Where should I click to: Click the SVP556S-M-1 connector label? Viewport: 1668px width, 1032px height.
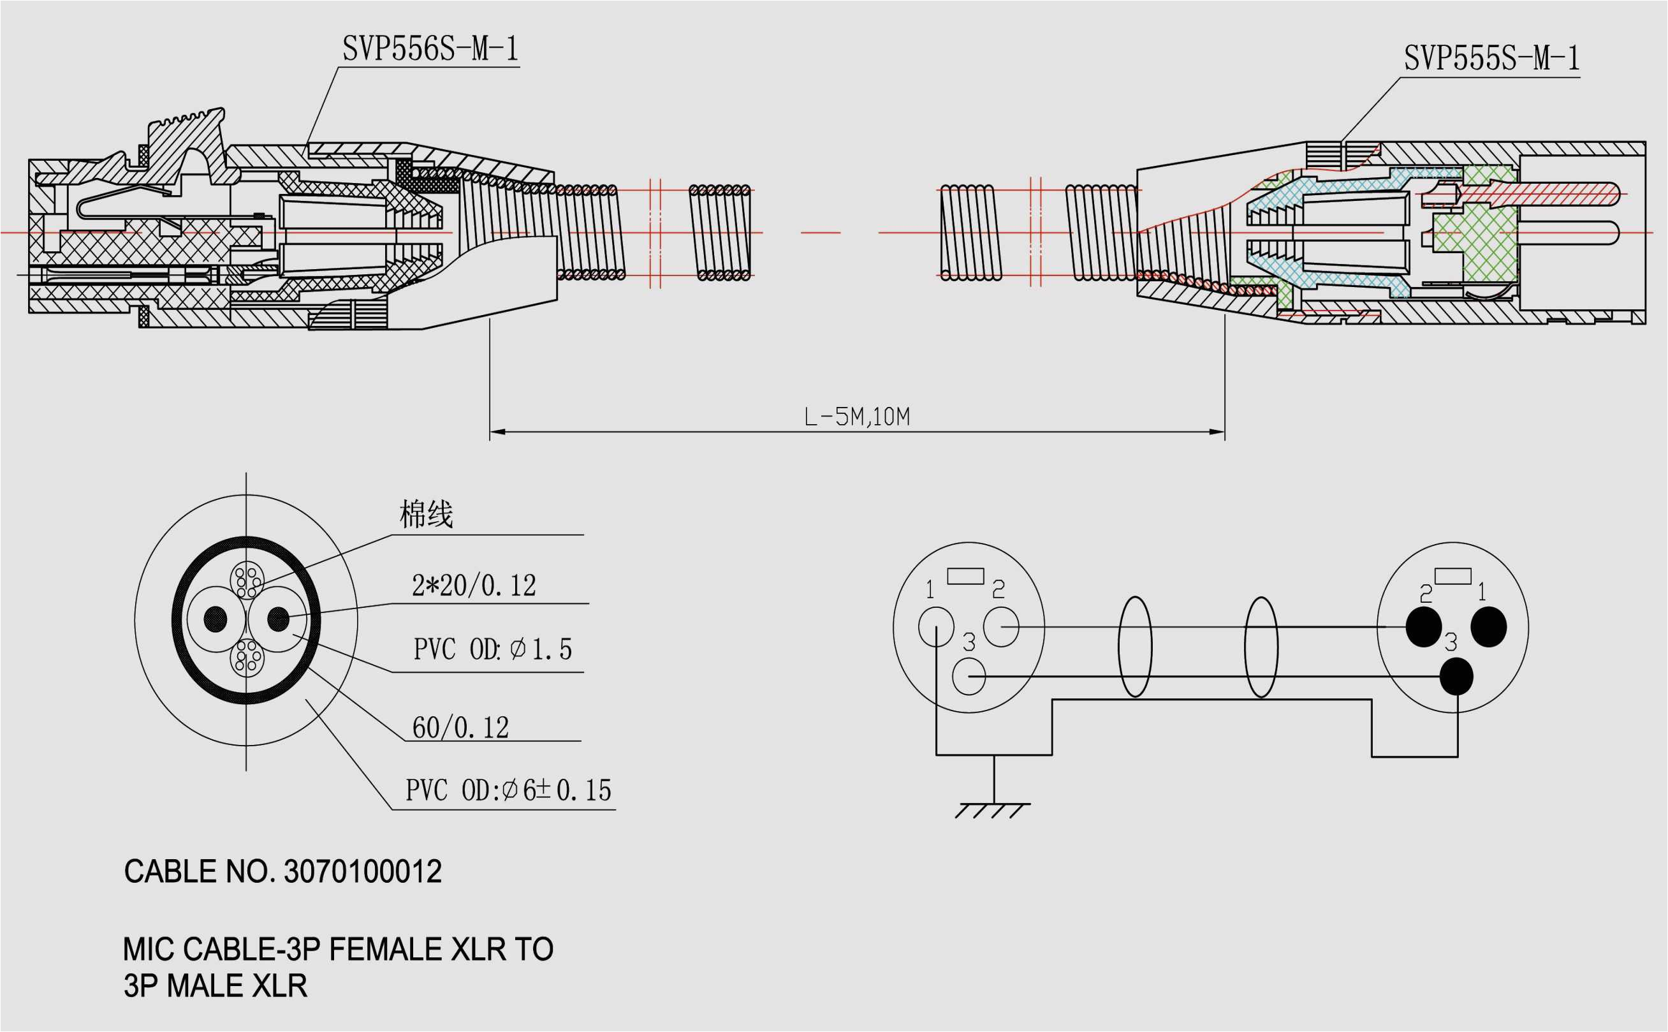[430, 49]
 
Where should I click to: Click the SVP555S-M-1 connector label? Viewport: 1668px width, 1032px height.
[1491, 59]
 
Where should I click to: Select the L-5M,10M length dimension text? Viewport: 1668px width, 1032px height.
[857, 416]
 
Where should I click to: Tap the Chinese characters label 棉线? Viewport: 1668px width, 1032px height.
[427, 514]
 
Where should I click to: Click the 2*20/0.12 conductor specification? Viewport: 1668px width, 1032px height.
[474, 586]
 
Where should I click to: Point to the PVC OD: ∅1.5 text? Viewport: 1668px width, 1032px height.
[492, 649]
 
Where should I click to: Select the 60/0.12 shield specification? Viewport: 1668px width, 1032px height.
[460, 728]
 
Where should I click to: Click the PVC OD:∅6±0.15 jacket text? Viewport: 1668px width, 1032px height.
[508, 790]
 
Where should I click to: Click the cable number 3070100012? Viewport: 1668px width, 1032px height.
[362, 872]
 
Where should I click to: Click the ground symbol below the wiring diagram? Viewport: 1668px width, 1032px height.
[993, 810]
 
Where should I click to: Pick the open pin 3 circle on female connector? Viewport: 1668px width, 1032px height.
[968, 676]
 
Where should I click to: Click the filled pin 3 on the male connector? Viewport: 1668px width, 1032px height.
[1456, 676]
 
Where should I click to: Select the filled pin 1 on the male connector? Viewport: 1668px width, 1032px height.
[1488, 626]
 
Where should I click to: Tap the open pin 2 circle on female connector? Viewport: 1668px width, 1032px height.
[1001, 626]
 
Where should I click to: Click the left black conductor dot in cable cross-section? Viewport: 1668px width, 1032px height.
[216, 619]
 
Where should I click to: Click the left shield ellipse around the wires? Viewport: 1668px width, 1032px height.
[1135, 647]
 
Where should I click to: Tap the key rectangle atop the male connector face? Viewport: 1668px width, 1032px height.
[1452, 577]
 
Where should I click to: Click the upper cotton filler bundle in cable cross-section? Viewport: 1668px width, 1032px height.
[247, 580]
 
